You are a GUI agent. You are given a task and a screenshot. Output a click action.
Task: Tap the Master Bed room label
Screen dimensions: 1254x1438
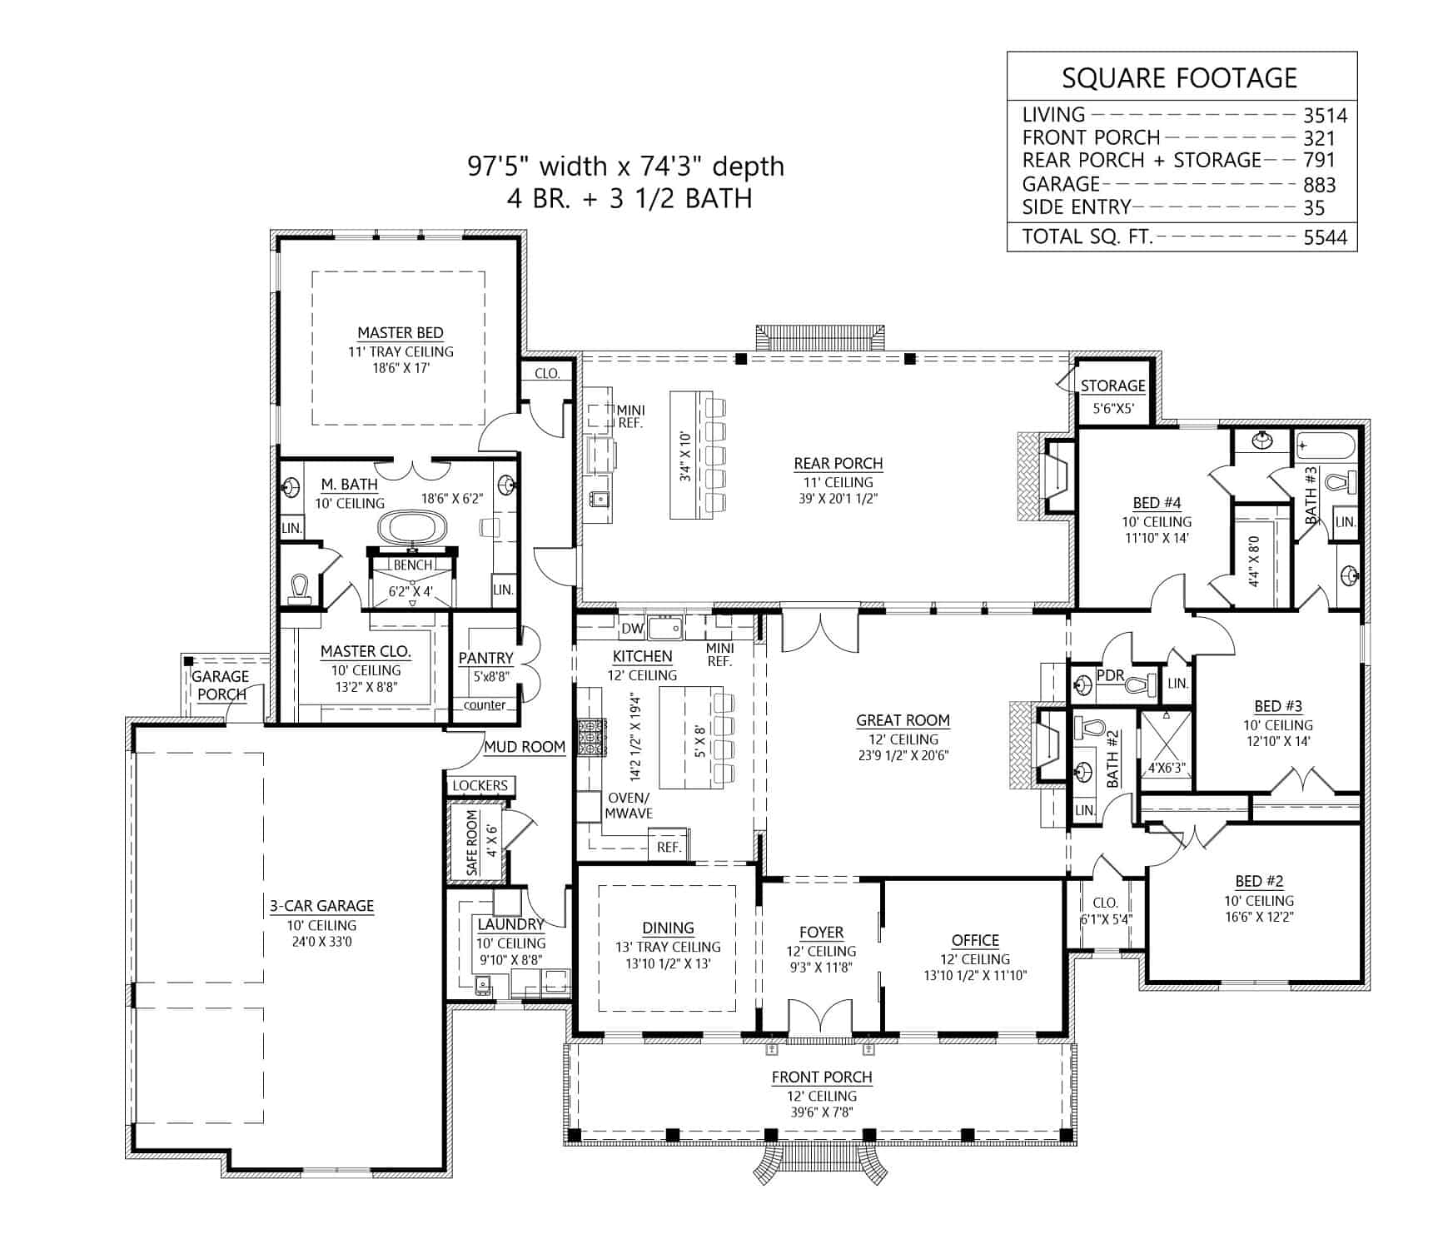pos(401,332)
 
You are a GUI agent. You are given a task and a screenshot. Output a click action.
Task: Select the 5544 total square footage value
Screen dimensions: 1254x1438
pos(1325,237)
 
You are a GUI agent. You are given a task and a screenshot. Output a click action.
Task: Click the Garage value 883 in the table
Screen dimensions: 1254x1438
pos(1320,185)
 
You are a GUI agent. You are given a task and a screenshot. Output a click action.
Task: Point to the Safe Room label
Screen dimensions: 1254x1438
pos(472,842)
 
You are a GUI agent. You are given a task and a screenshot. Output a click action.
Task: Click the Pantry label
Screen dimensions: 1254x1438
pos(485,658)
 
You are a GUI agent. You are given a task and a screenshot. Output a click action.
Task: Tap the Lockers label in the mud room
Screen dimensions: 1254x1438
pos(480,785)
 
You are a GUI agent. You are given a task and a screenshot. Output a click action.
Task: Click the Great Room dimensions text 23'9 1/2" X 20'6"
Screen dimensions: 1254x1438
pos(903,756)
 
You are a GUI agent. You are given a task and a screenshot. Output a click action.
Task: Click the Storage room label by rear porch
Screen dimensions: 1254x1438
pos(1112,386)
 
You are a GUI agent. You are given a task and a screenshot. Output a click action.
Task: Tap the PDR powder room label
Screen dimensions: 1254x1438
pos(1110,675)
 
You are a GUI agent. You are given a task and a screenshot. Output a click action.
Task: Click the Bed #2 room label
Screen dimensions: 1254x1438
pos(1259,881)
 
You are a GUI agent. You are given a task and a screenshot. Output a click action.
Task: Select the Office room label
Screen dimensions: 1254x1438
pos(975,940)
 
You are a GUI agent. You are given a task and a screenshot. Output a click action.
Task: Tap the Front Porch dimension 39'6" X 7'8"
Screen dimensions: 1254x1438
pos(821,1112)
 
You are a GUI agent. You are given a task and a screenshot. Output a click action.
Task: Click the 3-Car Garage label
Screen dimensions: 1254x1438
pos(321,906)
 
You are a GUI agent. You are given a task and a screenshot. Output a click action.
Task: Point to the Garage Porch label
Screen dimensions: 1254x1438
pos(221,685)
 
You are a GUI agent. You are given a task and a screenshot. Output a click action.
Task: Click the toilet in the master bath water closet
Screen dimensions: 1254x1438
pos(299,587)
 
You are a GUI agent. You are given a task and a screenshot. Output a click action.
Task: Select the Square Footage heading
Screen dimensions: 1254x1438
pos(1179,77)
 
